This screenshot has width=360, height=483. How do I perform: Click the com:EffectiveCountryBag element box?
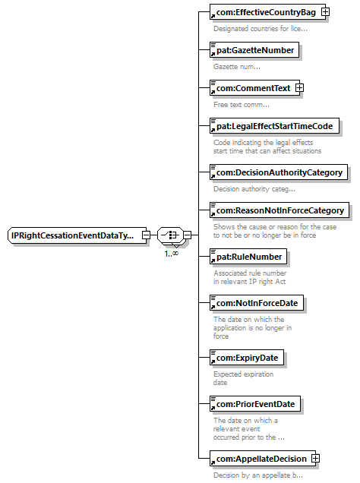tap(267, 12)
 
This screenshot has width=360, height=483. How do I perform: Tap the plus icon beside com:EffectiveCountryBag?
tap(325, 11)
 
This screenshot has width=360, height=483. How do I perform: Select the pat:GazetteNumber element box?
tap(254, 50)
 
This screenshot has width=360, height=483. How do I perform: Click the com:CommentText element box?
tap(254, 88)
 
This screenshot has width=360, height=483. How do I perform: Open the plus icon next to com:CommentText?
tap(299, 88)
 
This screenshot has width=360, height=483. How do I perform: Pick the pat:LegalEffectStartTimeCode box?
tap(274, 126)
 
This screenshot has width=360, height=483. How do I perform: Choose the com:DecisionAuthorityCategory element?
tap(279, 172)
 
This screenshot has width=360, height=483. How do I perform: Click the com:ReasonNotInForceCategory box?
tap(279, 210)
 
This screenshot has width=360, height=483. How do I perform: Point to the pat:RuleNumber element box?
tap(248, 257)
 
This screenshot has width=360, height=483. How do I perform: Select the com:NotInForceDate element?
tap(257, 303)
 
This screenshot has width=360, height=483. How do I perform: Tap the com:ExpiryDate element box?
tap(247, 358)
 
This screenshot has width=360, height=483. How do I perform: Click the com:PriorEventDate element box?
tap(255, 404)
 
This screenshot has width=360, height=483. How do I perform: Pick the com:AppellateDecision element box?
tap(263, 459)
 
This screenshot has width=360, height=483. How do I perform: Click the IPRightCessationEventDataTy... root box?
tap(77, 235)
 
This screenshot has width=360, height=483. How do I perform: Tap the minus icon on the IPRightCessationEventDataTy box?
tap(146, 235)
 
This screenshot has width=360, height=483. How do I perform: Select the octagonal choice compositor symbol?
tap(170, 235)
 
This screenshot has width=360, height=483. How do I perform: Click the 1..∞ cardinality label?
tap(171, 254)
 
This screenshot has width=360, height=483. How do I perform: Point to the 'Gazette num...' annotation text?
tap(237, 67)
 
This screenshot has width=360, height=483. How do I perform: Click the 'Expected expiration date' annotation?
tap(243, 378)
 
